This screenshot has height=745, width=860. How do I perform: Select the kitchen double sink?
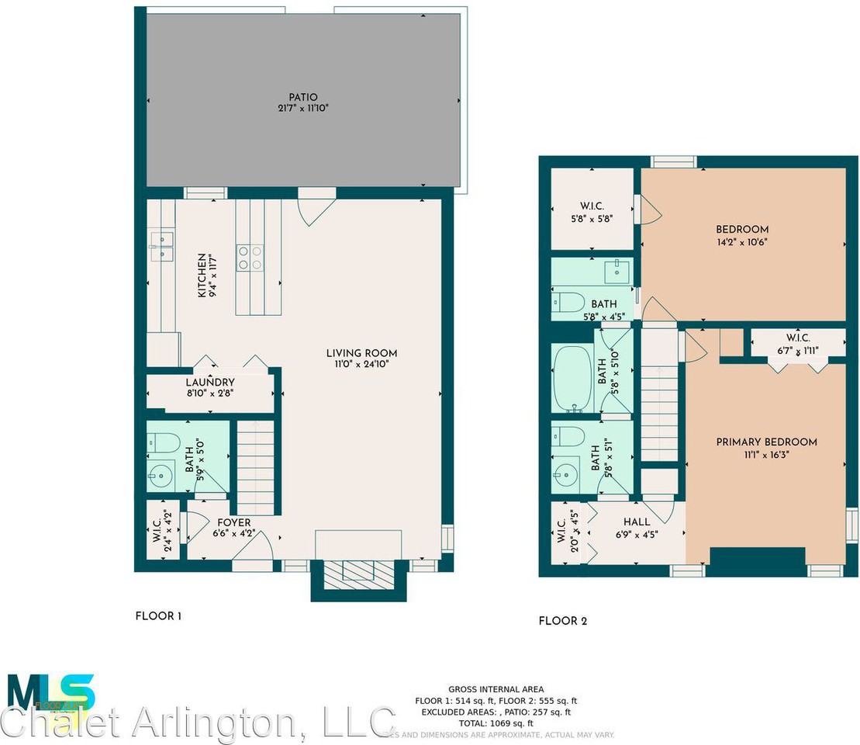[162, 243]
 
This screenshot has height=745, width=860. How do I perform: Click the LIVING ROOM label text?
[361, 358]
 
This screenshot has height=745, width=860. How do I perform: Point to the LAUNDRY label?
[209, 387]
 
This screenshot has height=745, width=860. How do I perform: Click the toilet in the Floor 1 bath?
[162, 442]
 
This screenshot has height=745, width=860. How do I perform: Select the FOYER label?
[233, 528]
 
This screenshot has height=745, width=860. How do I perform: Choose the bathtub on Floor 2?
[573, 379]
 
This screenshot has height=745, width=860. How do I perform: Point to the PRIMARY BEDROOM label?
[766, 447]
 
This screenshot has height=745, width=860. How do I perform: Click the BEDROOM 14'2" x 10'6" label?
[742, 234]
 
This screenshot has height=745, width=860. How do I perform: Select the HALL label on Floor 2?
[636, 528]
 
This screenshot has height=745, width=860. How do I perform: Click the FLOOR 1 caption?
[158, 617]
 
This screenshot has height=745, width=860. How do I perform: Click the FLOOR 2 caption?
[562, 621]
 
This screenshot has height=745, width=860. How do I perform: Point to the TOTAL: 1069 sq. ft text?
[496, 722]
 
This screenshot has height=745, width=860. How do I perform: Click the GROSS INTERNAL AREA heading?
[496, 689]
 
